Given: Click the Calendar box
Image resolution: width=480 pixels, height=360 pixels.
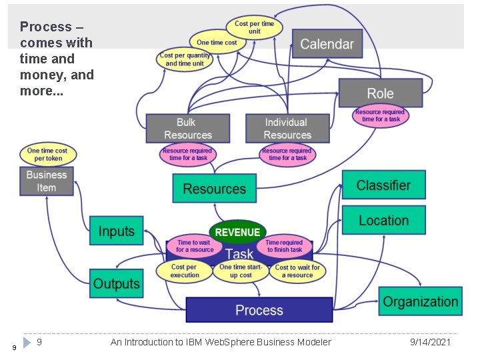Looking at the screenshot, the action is pyautogui.click(x=327, y=44).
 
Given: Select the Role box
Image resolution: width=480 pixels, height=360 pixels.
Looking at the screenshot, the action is pyautogui.click(x=381, y=93).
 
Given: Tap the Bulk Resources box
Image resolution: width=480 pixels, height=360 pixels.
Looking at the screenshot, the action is pyautogui.click(x=188, y=129).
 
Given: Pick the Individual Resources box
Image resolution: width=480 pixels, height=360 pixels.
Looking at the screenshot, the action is pyautogui.click(x=287, y=129).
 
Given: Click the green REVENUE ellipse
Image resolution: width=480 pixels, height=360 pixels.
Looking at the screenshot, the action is pyautogui.click(x=237, y=232).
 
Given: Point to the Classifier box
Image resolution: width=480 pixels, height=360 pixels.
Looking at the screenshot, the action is pyautogui.click(x=383, y=185).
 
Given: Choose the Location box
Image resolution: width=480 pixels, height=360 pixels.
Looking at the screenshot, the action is pyautogui.click(x=383, y=220).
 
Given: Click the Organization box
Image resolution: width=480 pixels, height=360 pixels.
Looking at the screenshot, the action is pyautogui.click(x=420, y=301).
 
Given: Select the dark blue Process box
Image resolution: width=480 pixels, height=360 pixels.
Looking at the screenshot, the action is pyautogui.click(x=259, y=310).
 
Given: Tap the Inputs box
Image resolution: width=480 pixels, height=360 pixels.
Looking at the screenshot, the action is pyautogui.click(x=116, y=231).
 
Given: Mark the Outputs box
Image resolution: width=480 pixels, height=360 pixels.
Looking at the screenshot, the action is pyautogui.click(x=116, y=283).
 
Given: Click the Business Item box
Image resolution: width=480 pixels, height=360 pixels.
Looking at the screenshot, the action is pyautogui.click(x=47, y=181).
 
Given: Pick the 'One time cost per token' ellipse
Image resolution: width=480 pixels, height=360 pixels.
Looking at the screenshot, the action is pyautogui.click(x=48, y=154).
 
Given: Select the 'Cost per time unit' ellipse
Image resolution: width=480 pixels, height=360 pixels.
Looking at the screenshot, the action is pyautogui.click(x=254, y=27).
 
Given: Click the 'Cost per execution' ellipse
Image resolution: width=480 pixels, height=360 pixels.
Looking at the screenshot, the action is pyautogui.click(x=184, y=271).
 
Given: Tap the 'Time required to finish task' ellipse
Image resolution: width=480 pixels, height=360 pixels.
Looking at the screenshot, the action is pyautogui.click(x=285, y=246).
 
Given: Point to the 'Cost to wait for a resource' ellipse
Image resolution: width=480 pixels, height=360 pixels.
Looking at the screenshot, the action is pyautogui.click(x=297, y=271).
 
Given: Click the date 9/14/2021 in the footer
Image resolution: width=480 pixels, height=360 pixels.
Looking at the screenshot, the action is pyautogui.click(x=430, y=342).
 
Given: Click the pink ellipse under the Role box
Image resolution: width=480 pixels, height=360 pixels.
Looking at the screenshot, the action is pyautogui.click(x=381, y=116).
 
